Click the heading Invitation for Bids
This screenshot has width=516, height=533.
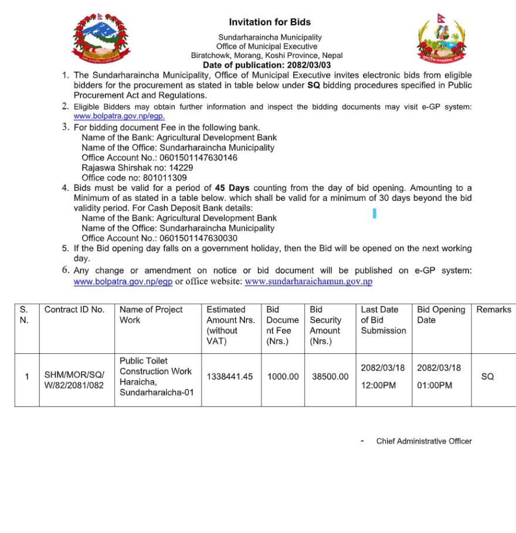pyautogui.click(x=270, y=23)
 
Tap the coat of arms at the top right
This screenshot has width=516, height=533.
pyautogui.click(x=441, y=40)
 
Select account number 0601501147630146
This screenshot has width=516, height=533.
pyautogui.click(x=198, y=158)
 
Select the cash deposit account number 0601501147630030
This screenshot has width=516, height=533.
pyautogui.click(x=198, y=238)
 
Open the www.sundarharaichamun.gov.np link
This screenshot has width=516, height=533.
pyautogui.click(x=308, y=282)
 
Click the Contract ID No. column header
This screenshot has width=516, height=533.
pyautogui.click(x=74, y=310)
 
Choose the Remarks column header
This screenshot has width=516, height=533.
pyautogui.click(x=493, y=310)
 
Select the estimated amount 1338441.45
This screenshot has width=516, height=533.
pyautogui.click(x=230, y=377)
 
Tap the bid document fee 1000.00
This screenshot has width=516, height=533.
pyautogui.click(x=283, y=377)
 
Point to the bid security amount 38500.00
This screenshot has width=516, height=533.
pyautogui.click(x=330, y=377)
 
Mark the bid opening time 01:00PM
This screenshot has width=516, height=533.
pyautogui.click(x=434, y=385)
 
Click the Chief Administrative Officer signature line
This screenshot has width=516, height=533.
pyautogui.click(x=423, y=441)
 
